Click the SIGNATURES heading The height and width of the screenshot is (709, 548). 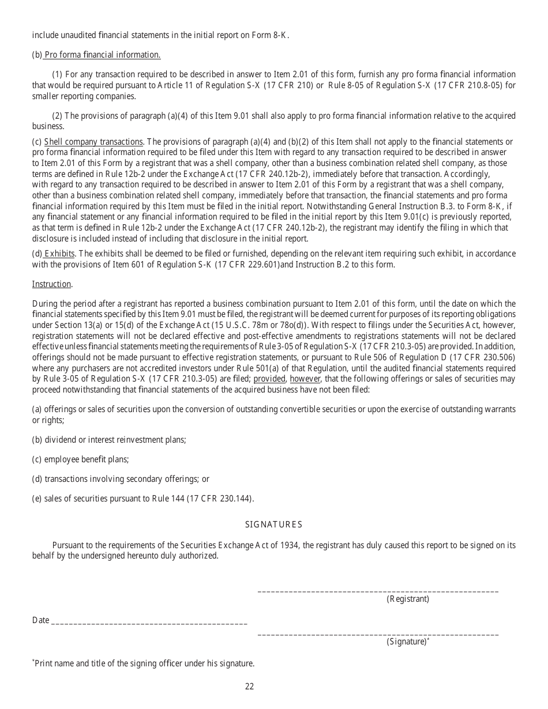tap(273, 525)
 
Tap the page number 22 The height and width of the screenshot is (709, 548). tap(249, 686)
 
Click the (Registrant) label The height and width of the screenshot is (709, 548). tap(408, 599)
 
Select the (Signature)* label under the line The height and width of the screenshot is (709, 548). tap(408, 642)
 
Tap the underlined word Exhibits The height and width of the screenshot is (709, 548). tap(59, 254)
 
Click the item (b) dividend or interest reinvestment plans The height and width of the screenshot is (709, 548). tap(109, 440)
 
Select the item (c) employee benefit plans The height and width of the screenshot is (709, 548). tap(80, 459)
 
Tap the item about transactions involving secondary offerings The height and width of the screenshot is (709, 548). tap(121, 479)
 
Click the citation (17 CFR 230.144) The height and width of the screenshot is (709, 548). tap(220, 499)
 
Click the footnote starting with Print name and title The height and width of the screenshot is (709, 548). tap(144, 663)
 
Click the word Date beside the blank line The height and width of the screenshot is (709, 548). tap(40, 620)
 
